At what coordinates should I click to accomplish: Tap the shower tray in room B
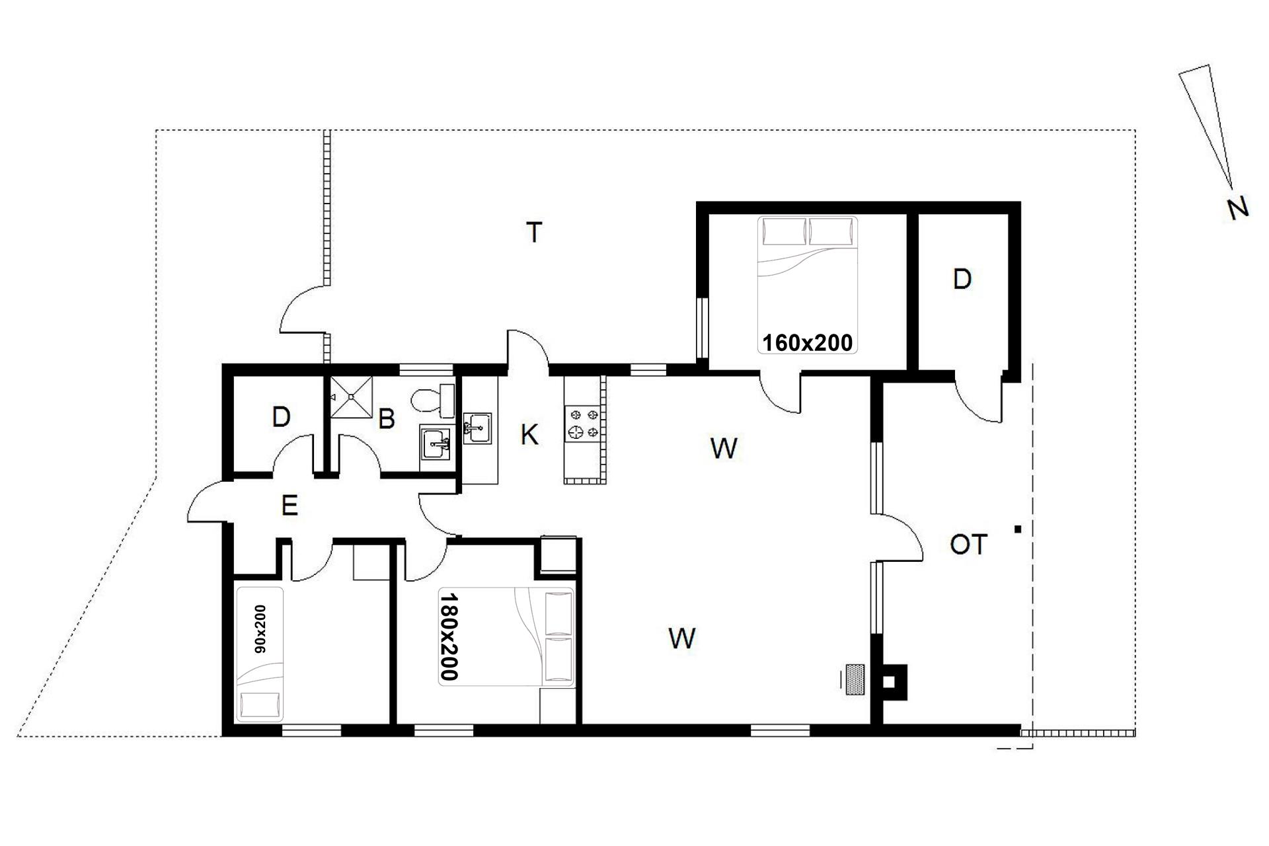click(x=352, y=397)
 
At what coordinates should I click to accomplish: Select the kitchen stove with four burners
click(x=584, y=424)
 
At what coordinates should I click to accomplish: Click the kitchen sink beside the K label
click(x=477, y=428)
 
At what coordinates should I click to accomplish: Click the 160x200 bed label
click(x=808, y=342)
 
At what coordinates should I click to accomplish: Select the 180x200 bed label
click(x=449, y=636)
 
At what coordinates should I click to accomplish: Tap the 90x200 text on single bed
click(x=260, y=629)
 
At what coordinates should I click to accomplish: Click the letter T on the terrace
click(x=534, y=233)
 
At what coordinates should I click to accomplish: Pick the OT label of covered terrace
click(x=968, y=545)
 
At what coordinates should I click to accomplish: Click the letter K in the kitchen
click(x=529, y=435)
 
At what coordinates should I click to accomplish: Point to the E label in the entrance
click(x=289, y=506)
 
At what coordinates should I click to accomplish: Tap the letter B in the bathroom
click(x=387, y=419)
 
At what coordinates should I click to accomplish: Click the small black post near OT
click(x=1019, y=529)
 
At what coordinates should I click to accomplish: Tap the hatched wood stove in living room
click(x=856, y=679)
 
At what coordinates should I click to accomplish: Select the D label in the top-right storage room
click(x=962, y=280)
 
